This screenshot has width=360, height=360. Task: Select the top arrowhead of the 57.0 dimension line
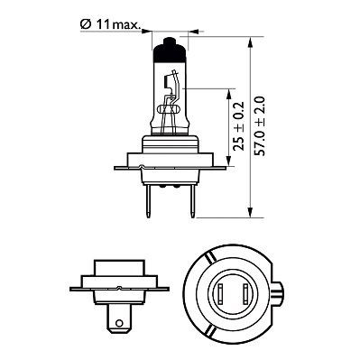pos(251,42)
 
